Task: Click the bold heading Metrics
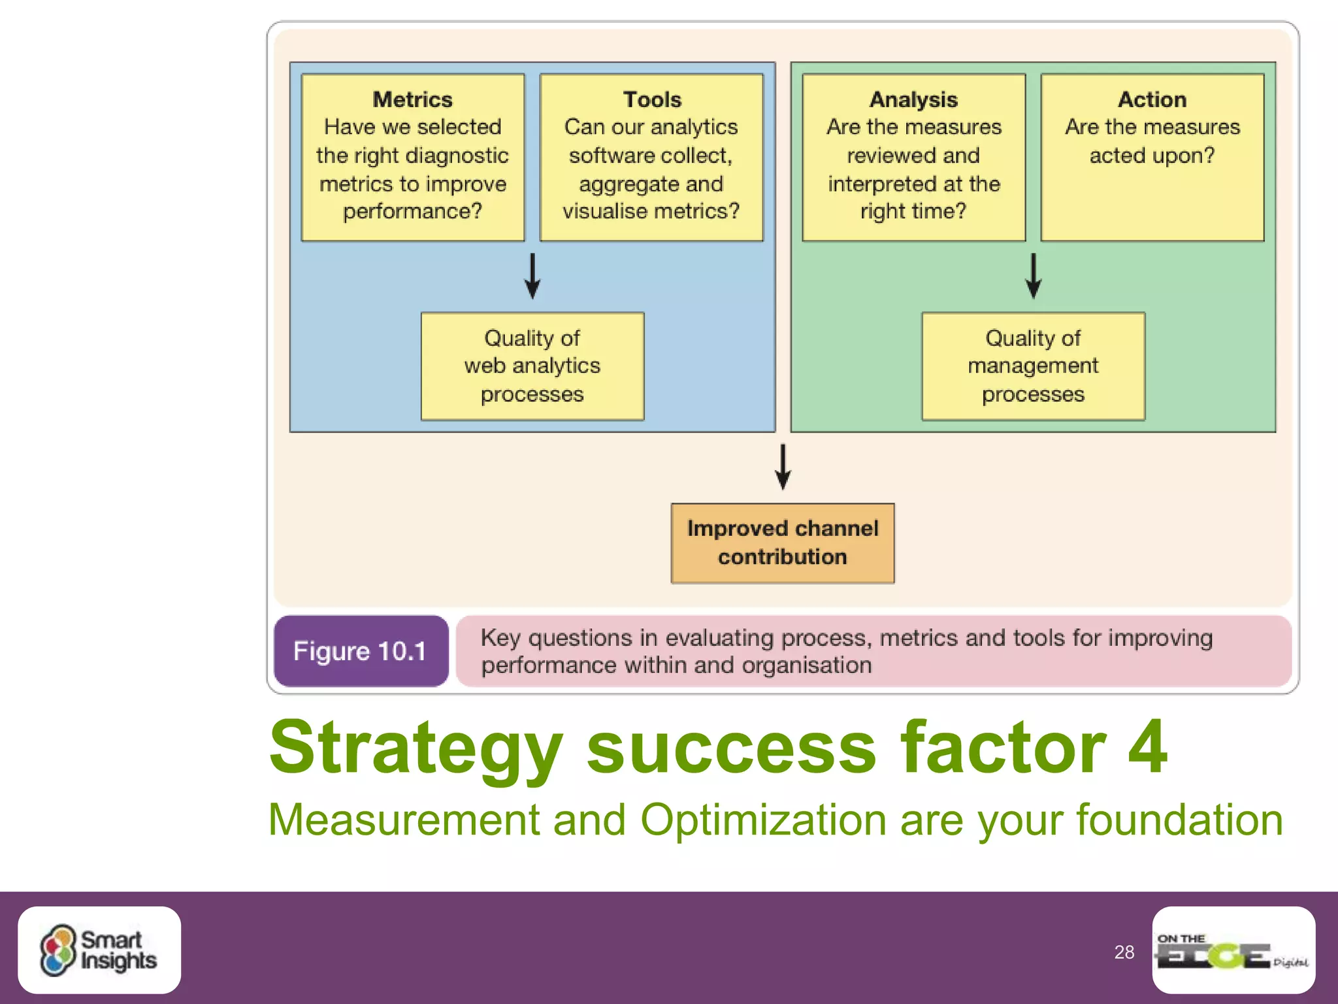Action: (x=412, y=99)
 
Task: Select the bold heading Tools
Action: (x=652, y=99)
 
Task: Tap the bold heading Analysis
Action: (x=913, y=99)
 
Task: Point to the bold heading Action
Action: (x=1152, y=99)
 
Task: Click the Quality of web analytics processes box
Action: (x=532, y=366)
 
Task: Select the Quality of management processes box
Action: (x=1033, y=366)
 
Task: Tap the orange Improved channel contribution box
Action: (x=783, y=543)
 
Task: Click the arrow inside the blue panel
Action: (x=532, y=276)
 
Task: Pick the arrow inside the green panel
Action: (x=1034, y=276)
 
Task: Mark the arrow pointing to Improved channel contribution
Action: (x=783, y=467)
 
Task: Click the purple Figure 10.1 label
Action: (x=361, y=651)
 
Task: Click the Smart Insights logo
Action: (x=99, y=950)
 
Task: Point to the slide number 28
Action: (x=1124, y=952)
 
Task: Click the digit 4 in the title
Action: (x=1147, y=746)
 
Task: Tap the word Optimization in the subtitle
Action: (x=762, y=820)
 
